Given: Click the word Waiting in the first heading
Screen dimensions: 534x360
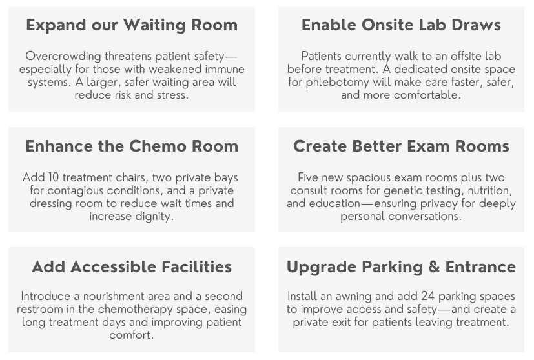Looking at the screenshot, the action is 154,26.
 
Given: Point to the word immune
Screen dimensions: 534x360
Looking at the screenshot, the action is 225,69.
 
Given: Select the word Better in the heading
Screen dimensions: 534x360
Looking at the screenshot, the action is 377,146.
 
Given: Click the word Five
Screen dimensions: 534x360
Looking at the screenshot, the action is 308,177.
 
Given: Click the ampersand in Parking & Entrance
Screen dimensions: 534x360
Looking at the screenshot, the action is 434,266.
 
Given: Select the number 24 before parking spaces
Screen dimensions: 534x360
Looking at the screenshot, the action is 427,296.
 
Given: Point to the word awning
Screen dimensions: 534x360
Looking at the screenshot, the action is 353,296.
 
